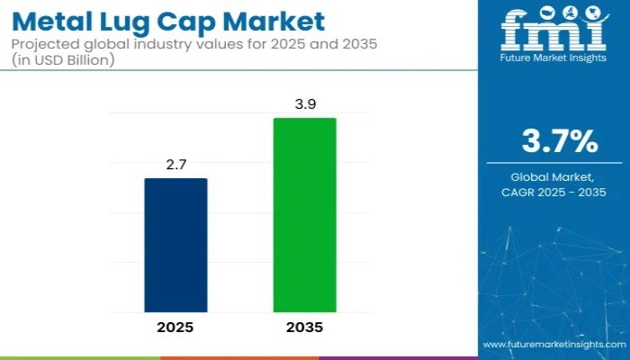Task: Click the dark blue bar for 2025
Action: [176, 245]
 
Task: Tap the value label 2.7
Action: [176, 165]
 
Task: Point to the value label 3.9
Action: [304, 104]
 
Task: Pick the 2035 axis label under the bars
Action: [304, 328]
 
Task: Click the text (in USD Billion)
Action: [66, 59]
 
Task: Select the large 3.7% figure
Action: [559, 140]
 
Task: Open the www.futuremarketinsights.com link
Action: [553, 345]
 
